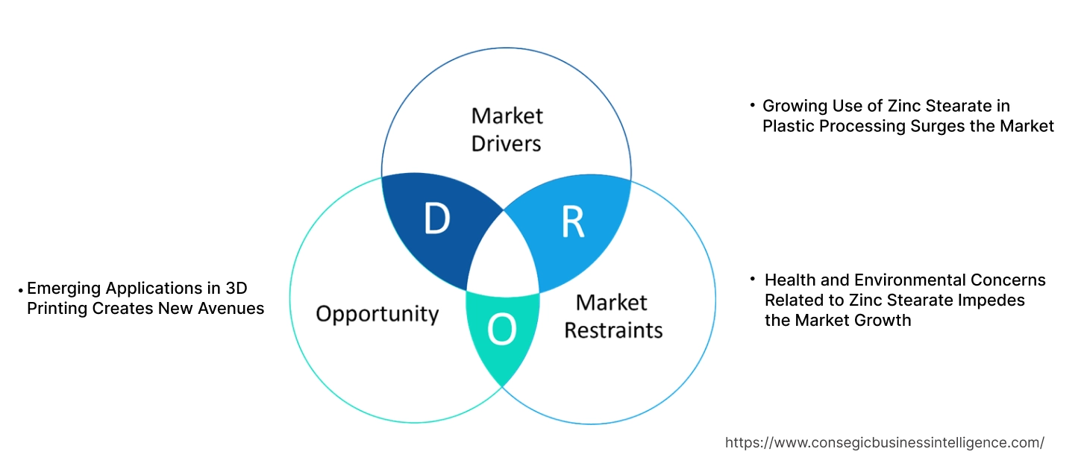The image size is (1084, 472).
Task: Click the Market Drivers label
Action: (507, 129)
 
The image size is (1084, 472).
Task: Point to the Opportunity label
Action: (377, 313)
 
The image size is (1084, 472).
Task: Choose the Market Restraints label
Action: (613, 315)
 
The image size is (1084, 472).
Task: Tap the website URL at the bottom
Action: (884, 442)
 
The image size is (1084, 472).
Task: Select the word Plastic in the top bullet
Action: (789, 126)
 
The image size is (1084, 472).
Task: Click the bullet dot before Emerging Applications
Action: (21, 289)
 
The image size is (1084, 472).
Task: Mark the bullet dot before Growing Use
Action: (753, 107)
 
